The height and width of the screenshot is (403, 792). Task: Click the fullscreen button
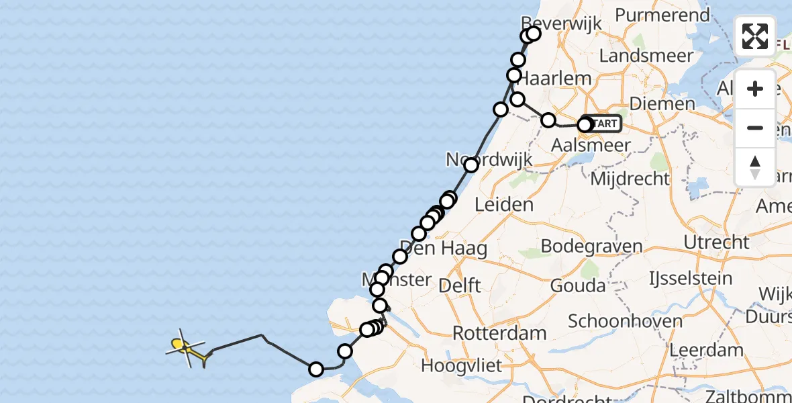(755, 36)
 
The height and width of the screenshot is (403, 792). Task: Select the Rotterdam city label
(499, 333)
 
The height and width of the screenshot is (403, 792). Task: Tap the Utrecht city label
(717, 242)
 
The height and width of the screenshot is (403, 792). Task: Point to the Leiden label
(504, 205)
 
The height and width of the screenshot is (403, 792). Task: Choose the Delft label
(459, 285)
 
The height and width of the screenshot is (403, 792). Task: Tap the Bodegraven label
(591, 246)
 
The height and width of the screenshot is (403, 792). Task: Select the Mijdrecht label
(630, 179)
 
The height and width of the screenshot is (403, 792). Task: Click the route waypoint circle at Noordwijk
(471, 165)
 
